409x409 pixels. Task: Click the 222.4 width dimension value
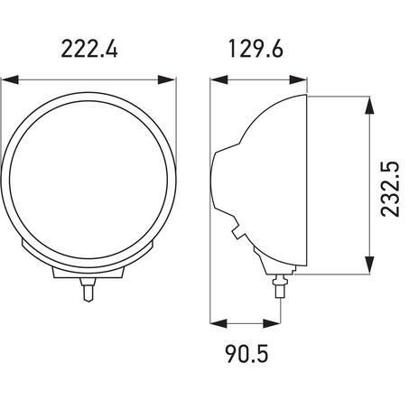point(89,49)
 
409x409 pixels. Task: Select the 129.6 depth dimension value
point(256,49)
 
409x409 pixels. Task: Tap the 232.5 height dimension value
point(390,189)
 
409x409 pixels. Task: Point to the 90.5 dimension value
point(246,354)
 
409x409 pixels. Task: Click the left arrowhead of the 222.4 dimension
point(10,80)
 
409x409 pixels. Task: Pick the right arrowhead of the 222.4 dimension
point(166,80)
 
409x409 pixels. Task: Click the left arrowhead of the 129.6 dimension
point(218,80)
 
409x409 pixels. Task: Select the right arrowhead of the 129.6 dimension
point(298,80)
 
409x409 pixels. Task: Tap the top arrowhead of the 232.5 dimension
point(369,105)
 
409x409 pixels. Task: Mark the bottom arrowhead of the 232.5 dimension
point(369,265)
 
